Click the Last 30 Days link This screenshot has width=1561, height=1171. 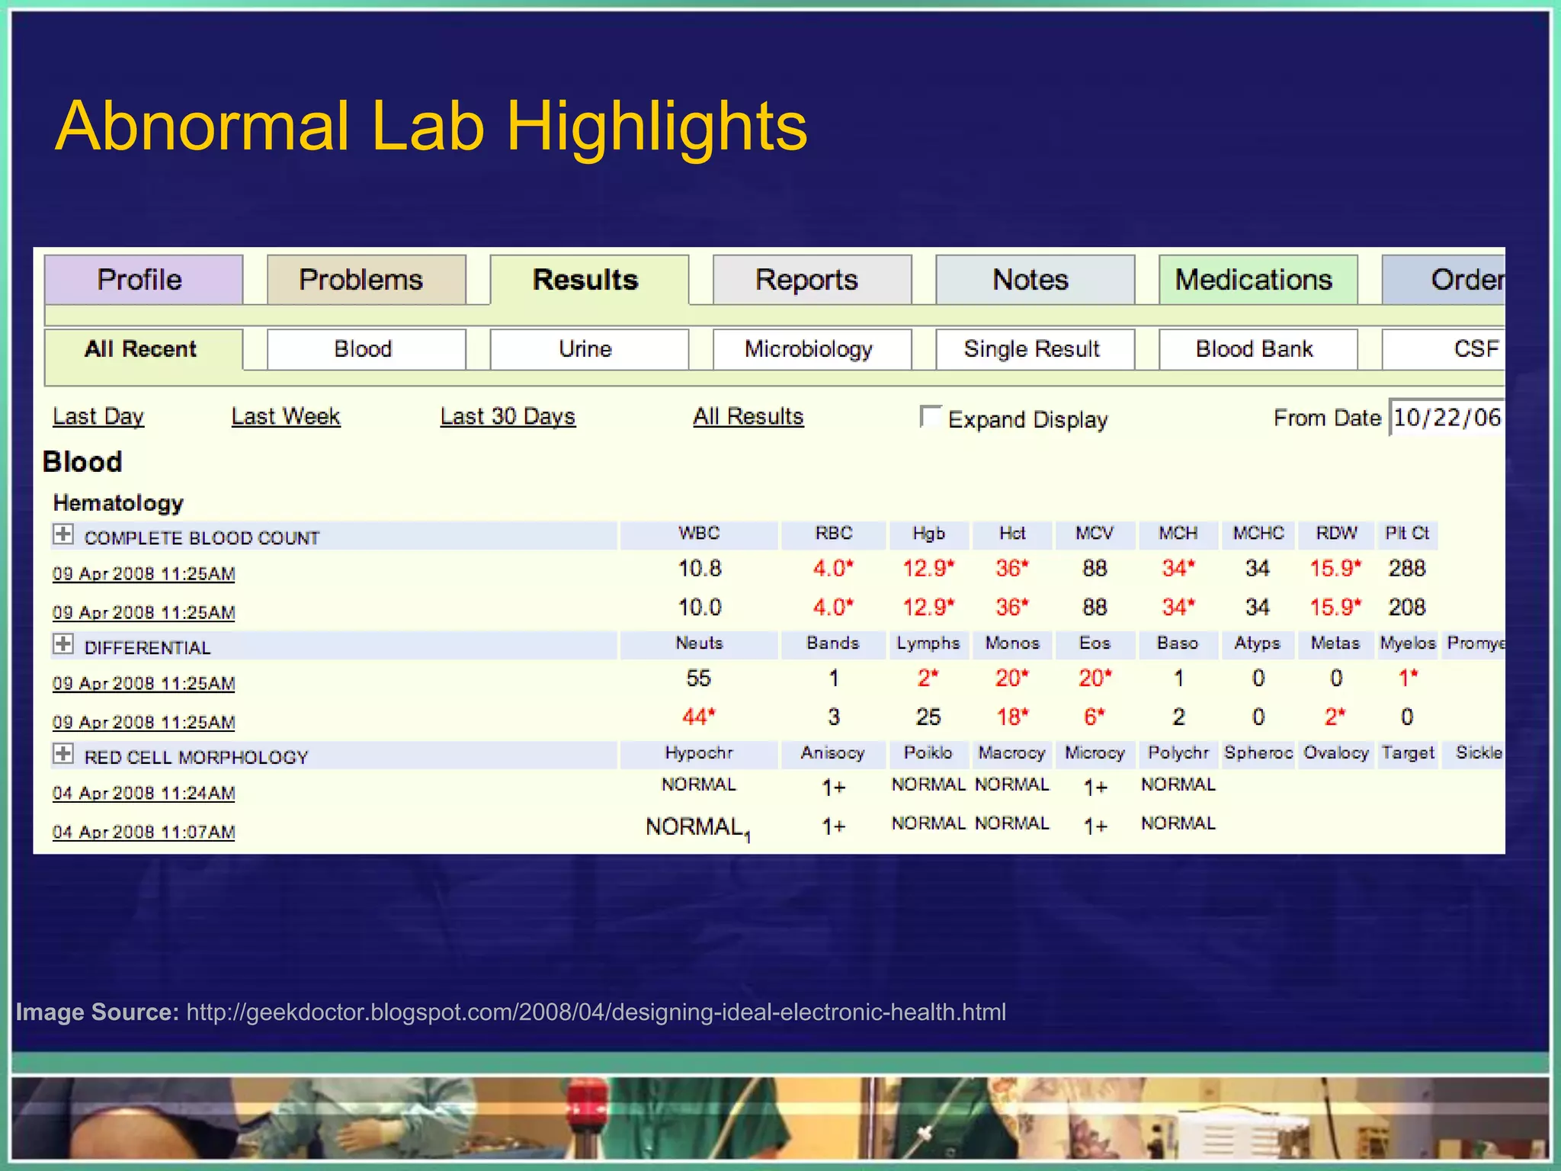click(x=508, y=416)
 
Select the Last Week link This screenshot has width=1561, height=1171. click(x=286, y=416)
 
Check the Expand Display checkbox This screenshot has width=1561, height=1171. click(x=930, y=416)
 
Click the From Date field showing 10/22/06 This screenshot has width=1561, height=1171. click(x=1447, y=418)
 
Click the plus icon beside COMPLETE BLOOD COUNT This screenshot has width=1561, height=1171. click(x=63, y=534)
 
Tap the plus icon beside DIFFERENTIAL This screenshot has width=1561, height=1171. click(x=63, y=644)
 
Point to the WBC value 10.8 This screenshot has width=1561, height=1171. click(x=700, y=569)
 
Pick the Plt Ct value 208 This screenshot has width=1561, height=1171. click(x=1406, y=608)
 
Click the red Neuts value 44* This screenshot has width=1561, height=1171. click(x=698, y=717)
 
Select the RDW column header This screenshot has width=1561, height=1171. click(x=1336, y=534)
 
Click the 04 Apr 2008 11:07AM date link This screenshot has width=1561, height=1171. click(x=143, y=832)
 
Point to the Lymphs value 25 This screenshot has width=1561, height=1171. click(x=928, y=717)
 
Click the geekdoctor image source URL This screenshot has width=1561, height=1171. click(x=596, y=1012)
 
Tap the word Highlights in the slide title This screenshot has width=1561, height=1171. click(x=656, y=127)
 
